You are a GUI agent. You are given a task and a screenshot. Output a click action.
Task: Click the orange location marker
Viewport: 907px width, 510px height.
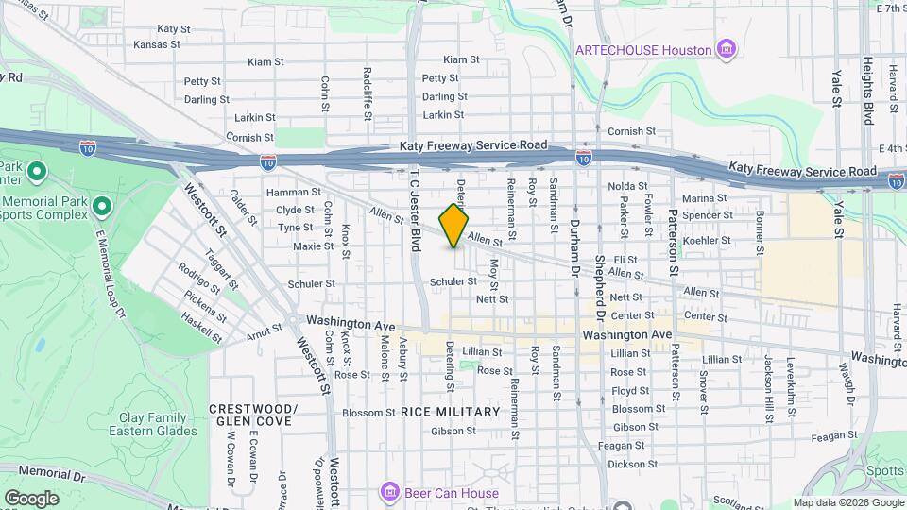tap(453, 225)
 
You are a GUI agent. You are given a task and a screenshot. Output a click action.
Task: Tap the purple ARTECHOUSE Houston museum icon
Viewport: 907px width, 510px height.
tap(727, 49)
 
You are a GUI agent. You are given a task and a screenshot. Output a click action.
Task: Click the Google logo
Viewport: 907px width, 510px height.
tap(31, 498)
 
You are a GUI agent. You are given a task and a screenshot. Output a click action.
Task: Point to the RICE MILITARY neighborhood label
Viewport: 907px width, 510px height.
tap(450, 412)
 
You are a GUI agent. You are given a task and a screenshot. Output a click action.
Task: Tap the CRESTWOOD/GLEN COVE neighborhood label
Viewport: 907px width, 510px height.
tap(253, 415)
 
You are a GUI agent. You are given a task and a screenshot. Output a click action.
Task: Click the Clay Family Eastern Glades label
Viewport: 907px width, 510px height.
tap(159, 424)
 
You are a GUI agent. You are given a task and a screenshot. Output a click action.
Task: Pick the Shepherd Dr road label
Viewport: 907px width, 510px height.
tap(599, 287)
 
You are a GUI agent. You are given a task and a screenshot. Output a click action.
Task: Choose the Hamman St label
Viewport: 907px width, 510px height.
tap(288, 192)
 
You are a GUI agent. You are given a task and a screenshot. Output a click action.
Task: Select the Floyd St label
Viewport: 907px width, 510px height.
tap(630, 390)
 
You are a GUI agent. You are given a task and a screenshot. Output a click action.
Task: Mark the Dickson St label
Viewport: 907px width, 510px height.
tap(632, 464)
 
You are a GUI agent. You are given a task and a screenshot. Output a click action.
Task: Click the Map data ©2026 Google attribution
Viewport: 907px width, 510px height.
tap(847, 502)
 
